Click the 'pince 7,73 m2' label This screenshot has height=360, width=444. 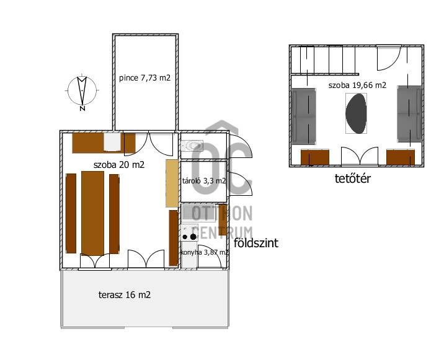[x=144, y=77]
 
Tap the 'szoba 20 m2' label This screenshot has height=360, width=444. [x=119, y=164]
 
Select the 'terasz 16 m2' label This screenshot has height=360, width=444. [x=125, y=294]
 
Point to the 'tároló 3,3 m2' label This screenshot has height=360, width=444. [x=204, y=180]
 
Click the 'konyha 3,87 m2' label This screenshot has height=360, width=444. [x=204, y=252]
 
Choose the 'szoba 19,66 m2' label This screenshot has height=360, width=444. [x=357, y=85]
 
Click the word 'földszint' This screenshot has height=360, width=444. [x=256, y=243]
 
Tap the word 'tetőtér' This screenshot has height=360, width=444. [x=353, y=178]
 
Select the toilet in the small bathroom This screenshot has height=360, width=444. [x=192, y=146]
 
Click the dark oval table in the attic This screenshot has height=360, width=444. [x=356, y=113]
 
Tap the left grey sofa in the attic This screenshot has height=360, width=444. [x=304, y=116]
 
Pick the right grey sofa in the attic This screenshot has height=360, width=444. [x=409, y=114]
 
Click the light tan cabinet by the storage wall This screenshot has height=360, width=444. [x=172, y=183]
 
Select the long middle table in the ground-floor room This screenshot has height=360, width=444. [x=92, y=213]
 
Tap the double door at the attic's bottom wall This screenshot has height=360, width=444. [x=360, y=156]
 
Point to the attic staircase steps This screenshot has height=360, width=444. [x=323, y=59]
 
